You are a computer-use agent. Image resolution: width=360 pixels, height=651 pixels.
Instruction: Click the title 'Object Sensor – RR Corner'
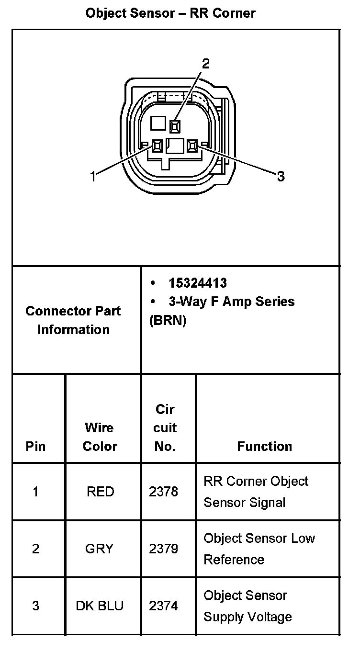coord(170,13)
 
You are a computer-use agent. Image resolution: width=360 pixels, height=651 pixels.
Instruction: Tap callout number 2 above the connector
coord(205,64)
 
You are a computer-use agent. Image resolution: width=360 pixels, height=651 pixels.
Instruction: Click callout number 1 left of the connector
coord(93,177)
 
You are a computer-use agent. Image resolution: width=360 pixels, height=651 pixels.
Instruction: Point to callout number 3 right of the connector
coord(281,177)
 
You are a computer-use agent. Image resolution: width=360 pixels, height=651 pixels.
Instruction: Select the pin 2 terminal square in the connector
coord(175,126)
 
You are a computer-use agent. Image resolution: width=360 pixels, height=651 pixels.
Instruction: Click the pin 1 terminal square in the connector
coord(157,146)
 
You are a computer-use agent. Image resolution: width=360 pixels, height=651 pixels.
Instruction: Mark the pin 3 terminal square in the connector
coord(192,146)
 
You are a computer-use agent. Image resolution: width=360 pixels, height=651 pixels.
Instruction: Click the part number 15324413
coord(197,283)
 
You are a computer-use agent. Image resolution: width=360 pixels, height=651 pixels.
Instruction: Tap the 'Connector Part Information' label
coord(73,320)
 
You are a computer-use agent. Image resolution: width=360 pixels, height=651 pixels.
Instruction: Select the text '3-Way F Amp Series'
coord(231,302)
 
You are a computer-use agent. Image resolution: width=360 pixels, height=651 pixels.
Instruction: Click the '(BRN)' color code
coord(168,320)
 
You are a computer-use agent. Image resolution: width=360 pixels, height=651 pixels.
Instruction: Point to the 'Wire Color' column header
coord(100,437)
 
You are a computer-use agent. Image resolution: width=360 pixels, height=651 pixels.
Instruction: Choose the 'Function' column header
coord(264,446)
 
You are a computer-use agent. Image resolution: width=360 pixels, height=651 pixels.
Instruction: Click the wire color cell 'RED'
coord(100,492)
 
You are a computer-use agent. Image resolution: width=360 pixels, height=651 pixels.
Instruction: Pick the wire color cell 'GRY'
coord(99,549)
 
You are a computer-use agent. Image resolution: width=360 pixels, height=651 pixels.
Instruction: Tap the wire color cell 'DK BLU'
coord(100,606)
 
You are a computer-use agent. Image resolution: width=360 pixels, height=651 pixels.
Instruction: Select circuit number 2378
coord(163,492)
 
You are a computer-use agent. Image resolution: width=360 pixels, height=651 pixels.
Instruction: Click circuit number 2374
coord(163,606)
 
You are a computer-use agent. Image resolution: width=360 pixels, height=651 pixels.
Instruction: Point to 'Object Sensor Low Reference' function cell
coord(259,549)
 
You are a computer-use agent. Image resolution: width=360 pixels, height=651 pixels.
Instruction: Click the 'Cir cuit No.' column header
coord(165,428)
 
